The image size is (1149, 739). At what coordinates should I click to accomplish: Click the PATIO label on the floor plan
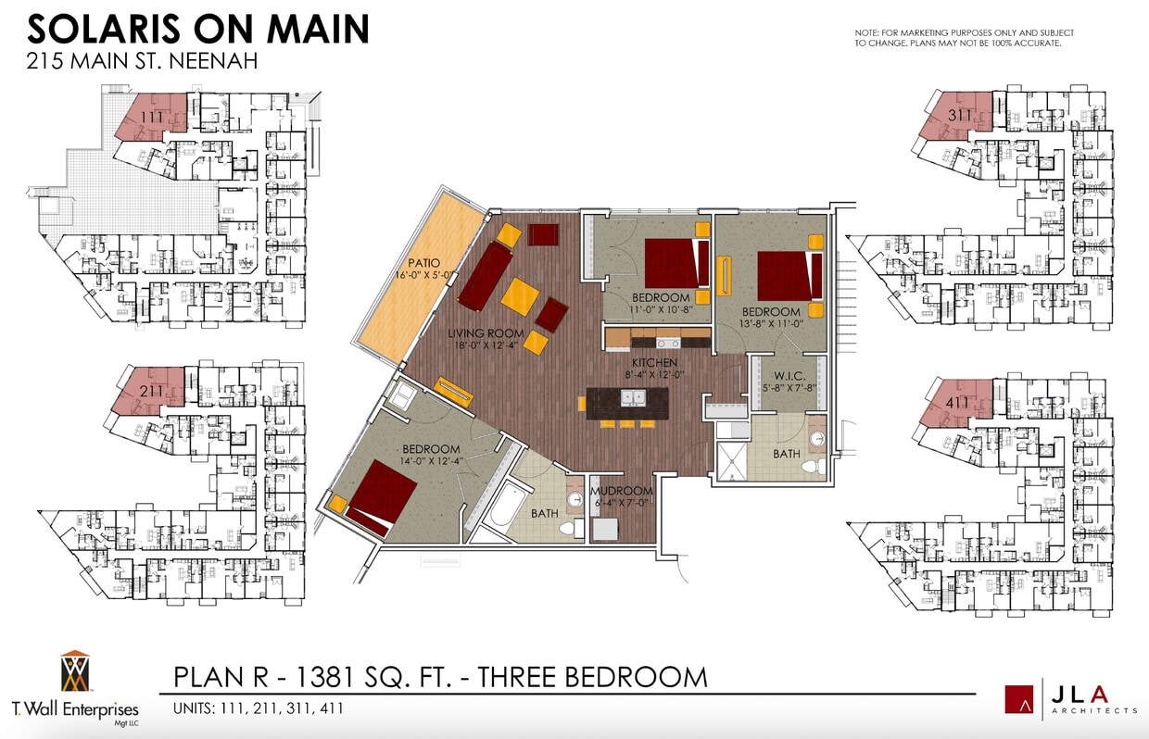(422, 263)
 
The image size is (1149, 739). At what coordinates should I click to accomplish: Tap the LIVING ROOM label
(486, 333)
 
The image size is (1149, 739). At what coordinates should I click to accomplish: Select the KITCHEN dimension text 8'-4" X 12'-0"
(654, 375)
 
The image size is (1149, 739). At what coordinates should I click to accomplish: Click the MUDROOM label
(622, 491)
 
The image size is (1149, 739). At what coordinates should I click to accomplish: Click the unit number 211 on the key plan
(152, 391)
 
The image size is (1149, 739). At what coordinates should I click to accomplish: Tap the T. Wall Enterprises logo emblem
(75, 672)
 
